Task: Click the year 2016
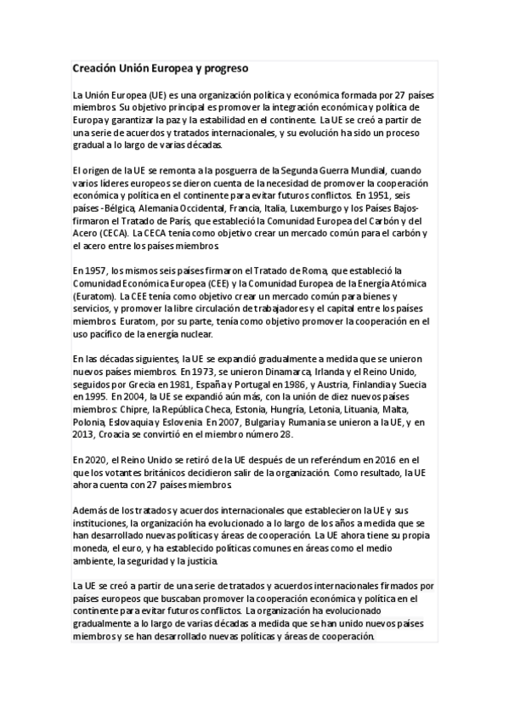(x=384, y=460)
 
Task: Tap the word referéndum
(x=327, y=460)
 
